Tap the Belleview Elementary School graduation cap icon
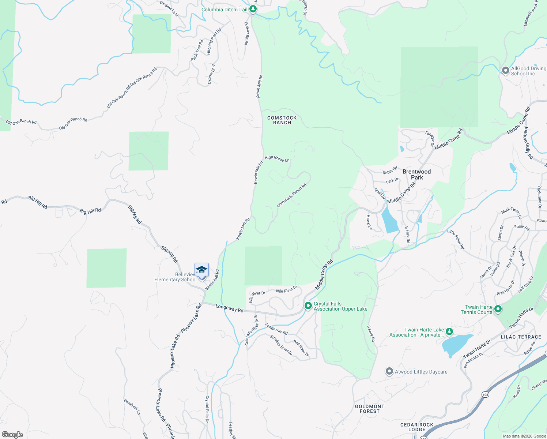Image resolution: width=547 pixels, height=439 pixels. pyautogui.click(x=201, y=270)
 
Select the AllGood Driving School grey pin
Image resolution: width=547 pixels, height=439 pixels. pyautogui.click(x=505, y=71)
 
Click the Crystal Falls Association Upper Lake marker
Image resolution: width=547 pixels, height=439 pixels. pyautogui.click(x=308, y=305)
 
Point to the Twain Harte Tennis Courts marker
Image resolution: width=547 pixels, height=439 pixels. pyautogui.click(x=498, y=309)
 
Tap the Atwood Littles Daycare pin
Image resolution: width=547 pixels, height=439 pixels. pyautogui.click(x=389, y=372)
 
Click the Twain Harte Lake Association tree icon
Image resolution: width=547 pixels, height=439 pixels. pyautogui.click(x=449, y=332)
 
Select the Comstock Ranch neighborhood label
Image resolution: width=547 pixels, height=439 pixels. pyautogui.click(x=282, y=120)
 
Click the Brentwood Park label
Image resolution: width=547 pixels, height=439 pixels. pyautogui.click(x=416, y=175)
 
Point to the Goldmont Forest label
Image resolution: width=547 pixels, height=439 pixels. pyautogui.click(x=370, y=409)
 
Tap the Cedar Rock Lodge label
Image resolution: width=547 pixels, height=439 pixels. pyautogui.click(x=417, y=427)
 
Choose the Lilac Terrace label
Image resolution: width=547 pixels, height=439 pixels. pyautogui.click(x=521, y=337)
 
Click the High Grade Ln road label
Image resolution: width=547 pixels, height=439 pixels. pyautogui.click(x=277, y=158)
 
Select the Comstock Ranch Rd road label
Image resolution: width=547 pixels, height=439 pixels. pyautogui.click(x=291, y=196)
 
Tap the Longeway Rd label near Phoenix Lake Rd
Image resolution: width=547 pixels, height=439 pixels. pyautogui.click(x=229, y=308)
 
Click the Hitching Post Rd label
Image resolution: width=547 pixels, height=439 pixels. pyautogui.click(x=214, y=42)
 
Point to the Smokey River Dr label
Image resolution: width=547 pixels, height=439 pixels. pyautogui.click(x=281, y=345)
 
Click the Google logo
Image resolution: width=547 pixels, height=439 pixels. pyautogui.click(x=12, y=435)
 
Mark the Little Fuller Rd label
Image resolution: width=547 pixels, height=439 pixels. pyautogui.click(x=456, y=239)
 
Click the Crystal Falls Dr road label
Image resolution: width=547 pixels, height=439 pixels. pyautogui.click(x=207, y=409)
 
